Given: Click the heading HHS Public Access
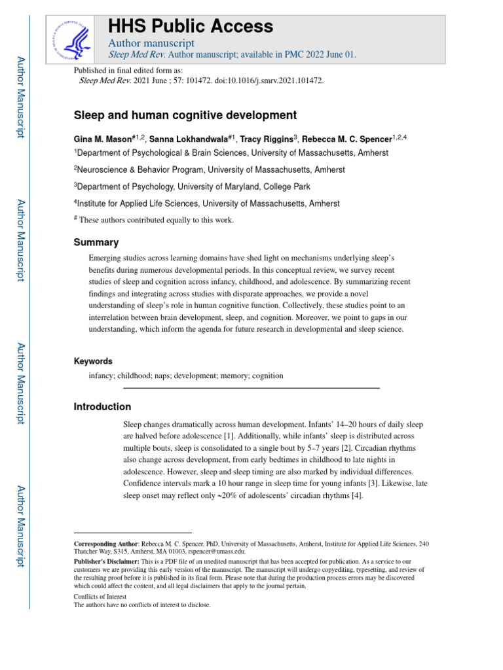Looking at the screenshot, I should click(190, 26).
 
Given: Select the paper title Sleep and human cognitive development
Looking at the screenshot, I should click(185, 115).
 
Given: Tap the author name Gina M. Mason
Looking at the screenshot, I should click(103, 139).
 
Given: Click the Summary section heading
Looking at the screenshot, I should click(96, 242).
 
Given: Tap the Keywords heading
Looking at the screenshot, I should click(93, 361).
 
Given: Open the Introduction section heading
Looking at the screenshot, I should click(102, 407).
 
